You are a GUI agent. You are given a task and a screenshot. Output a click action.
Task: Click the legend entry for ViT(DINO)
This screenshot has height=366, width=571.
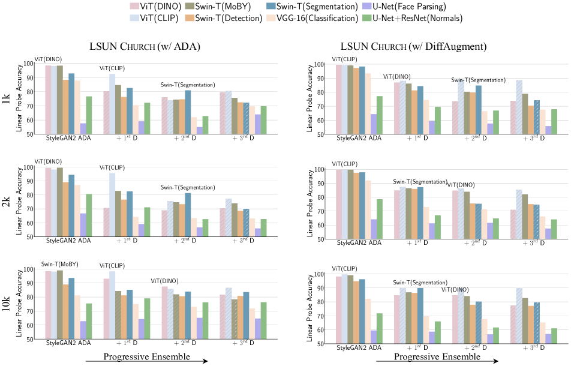157,6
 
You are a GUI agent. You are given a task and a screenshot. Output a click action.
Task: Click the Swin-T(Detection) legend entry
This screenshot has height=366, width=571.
231,19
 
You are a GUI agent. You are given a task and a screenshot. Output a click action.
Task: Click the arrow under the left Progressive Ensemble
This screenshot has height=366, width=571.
147,361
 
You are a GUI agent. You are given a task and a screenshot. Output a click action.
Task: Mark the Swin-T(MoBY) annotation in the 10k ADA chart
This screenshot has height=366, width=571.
56,265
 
